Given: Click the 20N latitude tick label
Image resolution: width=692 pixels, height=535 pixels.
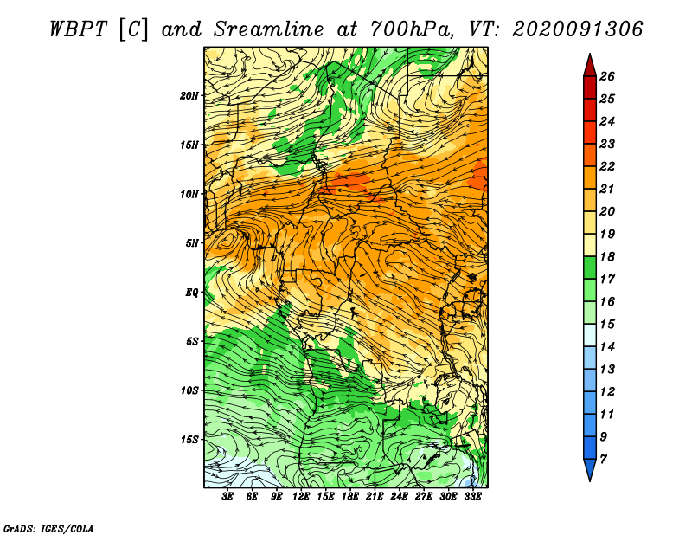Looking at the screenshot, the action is [x=189, y=96].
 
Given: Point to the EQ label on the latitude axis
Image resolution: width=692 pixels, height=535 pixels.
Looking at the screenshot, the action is [x=191, y=293].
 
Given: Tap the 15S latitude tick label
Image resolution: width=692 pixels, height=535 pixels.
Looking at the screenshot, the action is [x=189, y=440].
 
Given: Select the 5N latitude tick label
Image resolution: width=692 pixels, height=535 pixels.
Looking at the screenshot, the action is [x=192, y=243].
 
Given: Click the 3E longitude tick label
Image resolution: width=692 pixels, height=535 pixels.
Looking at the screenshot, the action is [x=227, y=497].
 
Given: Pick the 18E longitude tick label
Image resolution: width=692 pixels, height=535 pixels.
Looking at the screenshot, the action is [x=350, y=497].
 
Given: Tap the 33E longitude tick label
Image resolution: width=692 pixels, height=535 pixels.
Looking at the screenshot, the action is [x=472, y=497].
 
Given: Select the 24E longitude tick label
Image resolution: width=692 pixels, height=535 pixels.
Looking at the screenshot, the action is [x=399, y=497].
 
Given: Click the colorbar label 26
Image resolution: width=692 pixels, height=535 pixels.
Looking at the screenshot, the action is [x=607, y=76].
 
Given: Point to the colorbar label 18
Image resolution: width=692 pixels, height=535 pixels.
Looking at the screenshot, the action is [x=607, y=256].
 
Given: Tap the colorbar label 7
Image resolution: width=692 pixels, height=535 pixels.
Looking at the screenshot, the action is [x=603, y=460].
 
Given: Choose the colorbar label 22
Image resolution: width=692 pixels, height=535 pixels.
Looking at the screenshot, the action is [x=607, y=166].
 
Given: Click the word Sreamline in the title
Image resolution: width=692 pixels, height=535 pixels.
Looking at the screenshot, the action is [x=269, y=29].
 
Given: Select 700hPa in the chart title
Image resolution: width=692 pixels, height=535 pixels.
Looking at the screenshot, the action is [x=412, y=29].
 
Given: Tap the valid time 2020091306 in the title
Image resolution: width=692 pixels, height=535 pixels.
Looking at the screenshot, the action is [x=578, y=29].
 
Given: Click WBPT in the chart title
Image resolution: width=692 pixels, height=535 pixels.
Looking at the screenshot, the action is [x=78, y=29].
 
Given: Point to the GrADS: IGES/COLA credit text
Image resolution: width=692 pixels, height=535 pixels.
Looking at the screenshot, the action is [x=48, y=529].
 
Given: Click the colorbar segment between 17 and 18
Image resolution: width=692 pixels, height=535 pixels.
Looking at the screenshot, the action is [x=590, y=267].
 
